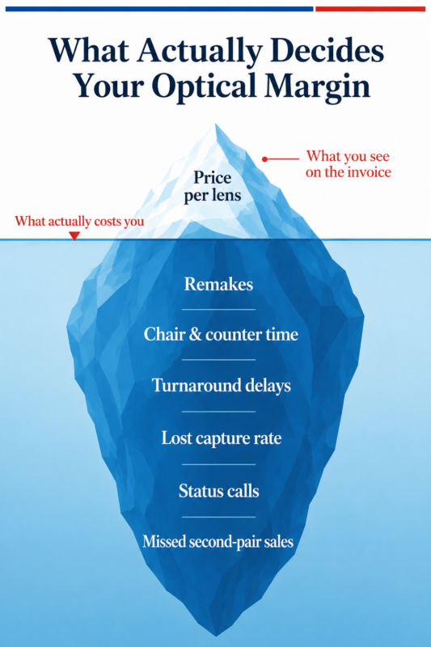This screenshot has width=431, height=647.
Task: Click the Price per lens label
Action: [213, 187]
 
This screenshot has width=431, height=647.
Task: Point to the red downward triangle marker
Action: [74, 235]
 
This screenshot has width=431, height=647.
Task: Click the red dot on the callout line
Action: [264, 159]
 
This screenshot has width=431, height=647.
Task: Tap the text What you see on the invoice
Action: [349, 164]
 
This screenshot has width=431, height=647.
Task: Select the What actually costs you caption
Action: [79, 221]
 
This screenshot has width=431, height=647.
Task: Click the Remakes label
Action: [218, 285]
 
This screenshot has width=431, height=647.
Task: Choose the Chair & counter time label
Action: [221, 334]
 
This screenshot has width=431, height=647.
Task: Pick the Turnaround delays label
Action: [222, 386]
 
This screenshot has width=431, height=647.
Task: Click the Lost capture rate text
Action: [222, 438]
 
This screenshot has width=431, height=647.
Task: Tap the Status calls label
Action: [219, 491]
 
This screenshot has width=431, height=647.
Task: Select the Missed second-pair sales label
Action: [218, 541]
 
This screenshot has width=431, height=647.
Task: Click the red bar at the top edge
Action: [370, 9]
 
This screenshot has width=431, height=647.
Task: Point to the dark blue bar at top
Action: [159, 9]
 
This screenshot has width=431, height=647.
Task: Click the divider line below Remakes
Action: [218, 309]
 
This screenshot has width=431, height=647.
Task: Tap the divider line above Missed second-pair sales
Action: [218, 517]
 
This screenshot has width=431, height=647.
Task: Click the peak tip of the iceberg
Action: [215, 124]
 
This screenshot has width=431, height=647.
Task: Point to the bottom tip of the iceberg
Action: [216, 636]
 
